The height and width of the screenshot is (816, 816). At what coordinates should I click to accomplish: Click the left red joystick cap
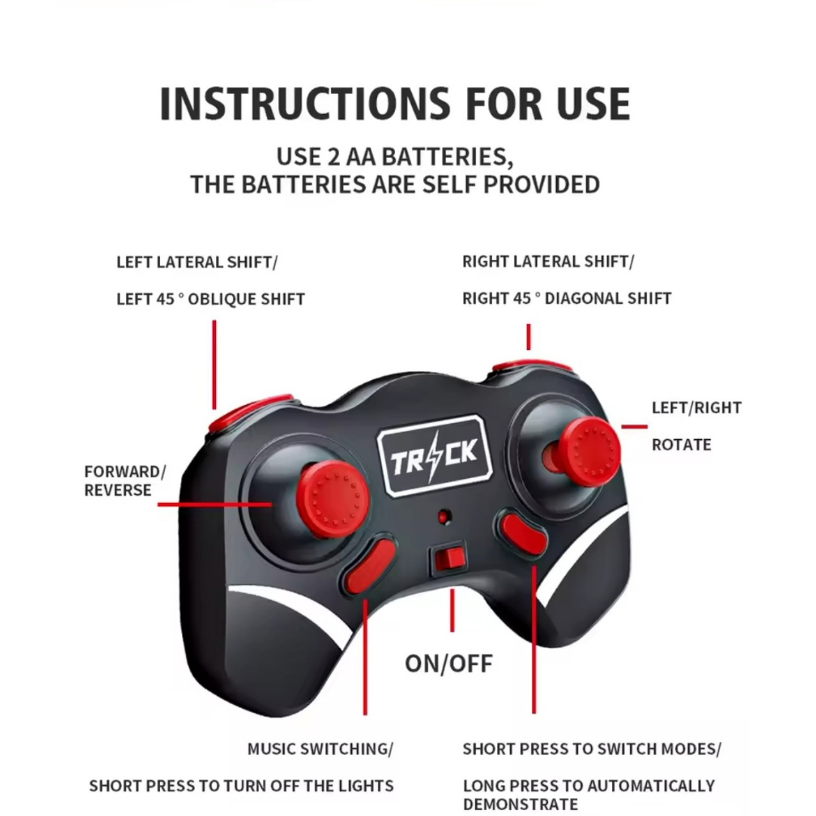(x=334, y=499)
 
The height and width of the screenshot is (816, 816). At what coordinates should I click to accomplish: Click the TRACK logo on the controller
(x=434, y=455)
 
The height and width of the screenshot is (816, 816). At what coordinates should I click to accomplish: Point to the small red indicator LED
(x=444, y=517)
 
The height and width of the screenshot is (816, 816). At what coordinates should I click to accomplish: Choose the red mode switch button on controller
(x=523, y=536)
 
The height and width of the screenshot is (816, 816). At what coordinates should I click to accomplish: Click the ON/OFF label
(x=449, y=663)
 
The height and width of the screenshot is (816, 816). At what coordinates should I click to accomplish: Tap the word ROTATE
(x=682, y=445)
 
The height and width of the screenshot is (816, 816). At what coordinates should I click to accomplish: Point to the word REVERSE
(x=118, y=490)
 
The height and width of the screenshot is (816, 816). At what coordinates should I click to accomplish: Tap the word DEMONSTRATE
(x=521, y=804)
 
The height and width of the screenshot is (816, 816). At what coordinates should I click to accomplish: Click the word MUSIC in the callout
(x=272, y=749)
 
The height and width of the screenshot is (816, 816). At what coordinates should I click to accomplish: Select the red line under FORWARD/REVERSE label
(x=215, y=504)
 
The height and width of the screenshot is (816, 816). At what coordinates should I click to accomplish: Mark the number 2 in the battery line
(x=333, y=156)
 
